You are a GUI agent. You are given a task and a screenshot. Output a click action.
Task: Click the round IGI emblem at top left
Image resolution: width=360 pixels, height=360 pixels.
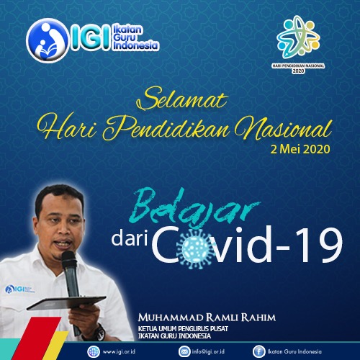[47, 40]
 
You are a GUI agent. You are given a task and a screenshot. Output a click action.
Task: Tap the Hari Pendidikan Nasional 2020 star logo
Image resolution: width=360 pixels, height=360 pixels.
[298, 37]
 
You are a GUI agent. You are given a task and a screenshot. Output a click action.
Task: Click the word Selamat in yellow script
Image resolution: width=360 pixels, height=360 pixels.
[181, 99]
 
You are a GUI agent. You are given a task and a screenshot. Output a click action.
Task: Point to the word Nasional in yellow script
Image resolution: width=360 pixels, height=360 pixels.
[283, 129]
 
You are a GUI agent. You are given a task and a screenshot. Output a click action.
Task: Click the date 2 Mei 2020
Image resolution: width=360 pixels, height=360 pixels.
[300, 149]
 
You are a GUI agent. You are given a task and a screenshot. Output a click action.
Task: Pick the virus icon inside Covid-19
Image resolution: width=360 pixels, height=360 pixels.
[196, 249]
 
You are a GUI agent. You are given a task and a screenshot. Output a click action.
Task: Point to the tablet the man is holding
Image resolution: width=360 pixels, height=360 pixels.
[66, 303]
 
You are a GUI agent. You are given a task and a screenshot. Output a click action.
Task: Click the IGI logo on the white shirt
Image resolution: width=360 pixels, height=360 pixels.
[19, 289]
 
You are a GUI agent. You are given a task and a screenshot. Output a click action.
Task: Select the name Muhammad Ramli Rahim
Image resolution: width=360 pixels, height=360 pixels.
[207, 318]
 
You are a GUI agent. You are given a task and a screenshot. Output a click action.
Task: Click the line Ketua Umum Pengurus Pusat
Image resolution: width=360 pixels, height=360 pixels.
[183, 328]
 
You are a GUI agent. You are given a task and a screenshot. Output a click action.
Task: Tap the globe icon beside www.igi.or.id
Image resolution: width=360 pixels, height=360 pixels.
[94, 352]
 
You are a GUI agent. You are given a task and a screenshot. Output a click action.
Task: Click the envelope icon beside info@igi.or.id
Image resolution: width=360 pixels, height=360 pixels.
[184, 352]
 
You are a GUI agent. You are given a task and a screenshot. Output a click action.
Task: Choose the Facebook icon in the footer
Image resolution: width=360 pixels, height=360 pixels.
[258, 352]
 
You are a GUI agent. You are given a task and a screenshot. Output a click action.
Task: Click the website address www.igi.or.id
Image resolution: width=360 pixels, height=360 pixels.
[119, 352]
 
